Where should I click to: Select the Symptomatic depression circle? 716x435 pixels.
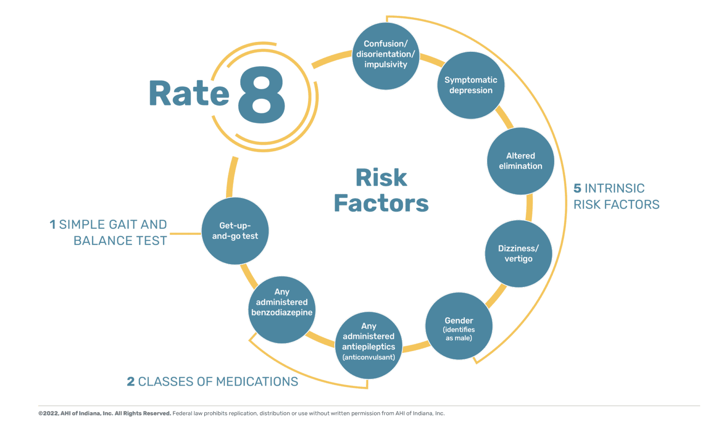[470, 85]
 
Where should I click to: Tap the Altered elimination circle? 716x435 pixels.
[520, 161]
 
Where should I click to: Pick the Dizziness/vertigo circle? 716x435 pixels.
[518, 253]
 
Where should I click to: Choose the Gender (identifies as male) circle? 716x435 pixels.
[459, 327]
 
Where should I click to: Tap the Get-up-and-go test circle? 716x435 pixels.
[235, 231]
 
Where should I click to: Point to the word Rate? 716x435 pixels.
[189, 93]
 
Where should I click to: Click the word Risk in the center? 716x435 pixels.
[381, 178]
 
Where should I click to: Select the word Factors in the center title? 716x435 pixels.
[381, 203]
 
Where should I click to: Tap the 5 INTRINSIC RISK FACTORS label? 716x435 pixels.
[616, 196]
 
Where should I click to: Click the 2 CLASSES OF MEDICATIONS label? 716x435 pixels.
[212, 382]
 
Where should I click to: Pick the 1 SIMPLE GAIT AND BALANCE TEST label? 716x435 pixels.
[109, 232]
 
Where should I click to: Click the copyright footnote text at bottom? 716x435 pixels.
[241, 414]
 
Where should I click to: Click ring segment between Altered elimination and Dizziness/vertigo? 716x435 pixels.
[529, 208]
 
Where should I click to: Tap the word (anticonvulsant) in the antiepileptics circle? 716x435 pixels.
[369, 358]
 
